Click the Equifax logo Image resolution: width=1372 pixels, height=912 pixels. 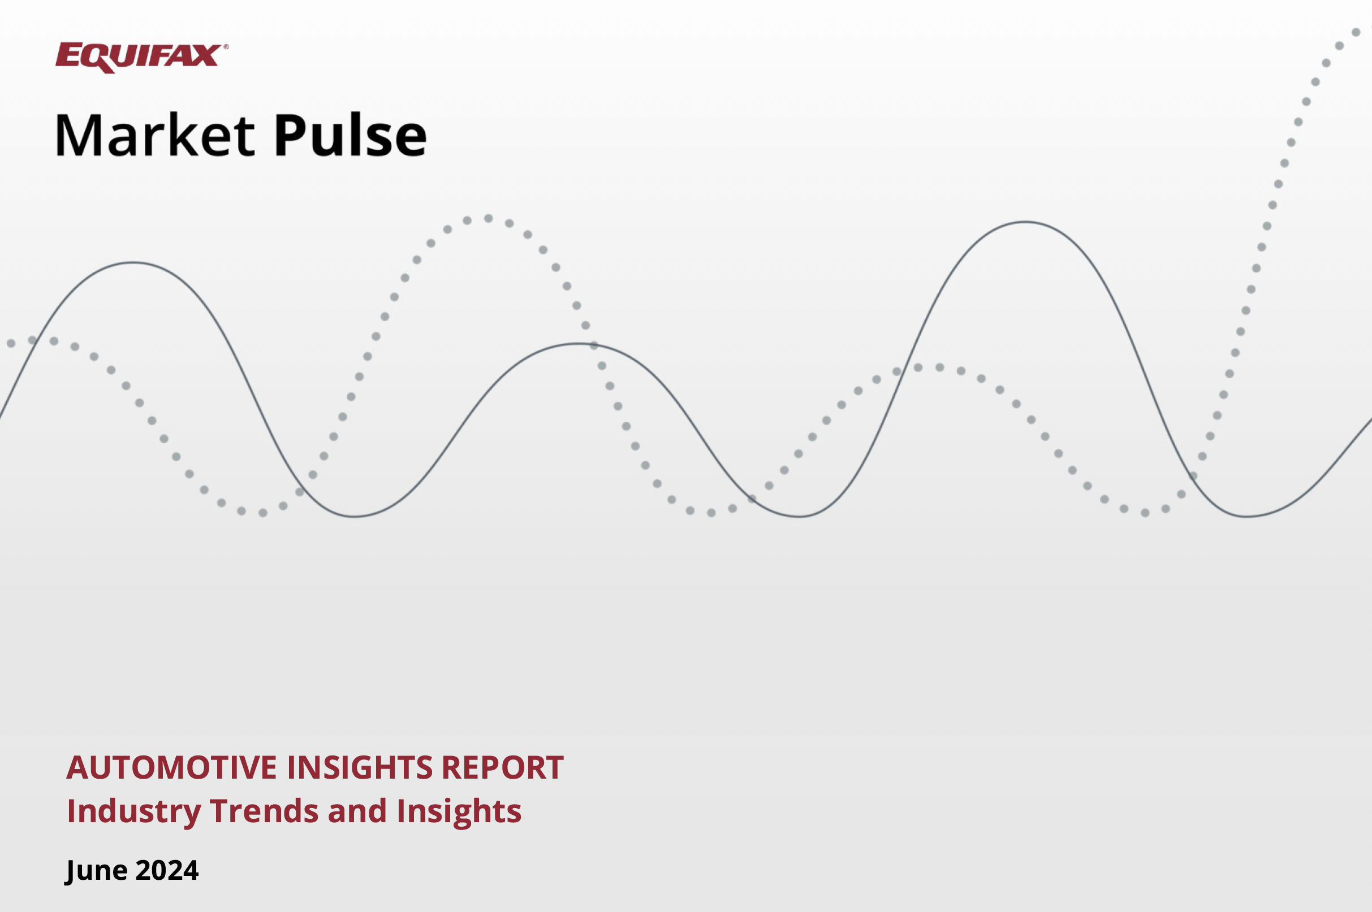[x=141, y=58]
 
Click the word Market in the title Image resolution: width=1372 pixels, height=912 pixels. [x=154, y=135]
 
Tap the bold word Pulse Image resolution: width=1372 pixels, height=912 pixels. [x=351, y=135]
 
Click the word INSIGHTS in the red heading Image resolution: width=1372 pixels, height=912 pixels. [x=360, y=767]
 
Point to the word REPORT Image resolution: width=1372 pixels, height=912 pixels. [x=502, y=767]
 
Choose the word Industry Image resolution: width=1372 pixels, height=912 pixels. [x=134, y=812]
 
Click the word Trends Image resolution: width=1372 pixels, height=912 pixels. [x=264, y=811]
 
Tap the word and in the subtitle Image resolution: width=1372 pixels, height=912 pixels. [x=357, y=811]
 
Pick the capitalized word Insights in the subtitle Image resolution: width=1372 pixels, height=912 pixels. [x=459, y=812]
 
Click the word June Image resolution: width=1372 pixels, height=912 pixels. [x=96, y=871]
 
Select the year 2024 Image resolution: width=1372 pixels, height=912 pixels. [x=167, y=870]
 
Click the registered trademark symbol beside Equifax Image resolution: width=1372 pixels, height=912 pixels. [x=225, y=46]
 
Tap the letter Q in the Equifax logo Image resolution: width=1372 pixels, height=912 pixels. [x=100, y=59]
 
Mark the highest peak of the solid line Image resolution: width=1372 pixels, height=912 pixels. [x=1025, y=222]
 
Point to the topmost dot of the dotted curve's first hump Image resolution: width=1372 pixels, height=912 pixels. [x=489, y=219]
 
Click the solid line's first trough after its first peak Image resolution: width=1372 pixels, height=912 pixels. [x=355, y=516]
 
